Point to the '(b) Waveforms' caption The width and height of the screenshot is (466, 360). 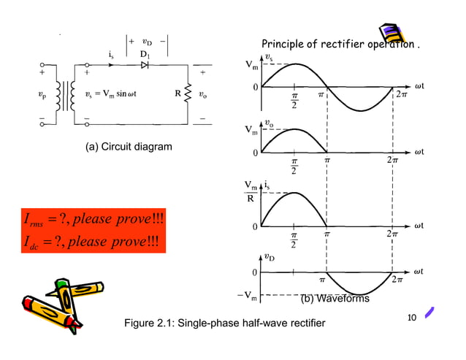[x=335, y=299]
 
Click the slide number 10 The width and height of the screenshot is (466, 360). [x=410, y=317]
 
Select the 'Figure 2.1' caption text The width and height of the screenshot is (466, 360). [x=225, y=323]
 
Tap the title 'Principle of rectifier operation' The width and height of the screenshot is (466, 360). [x=340, y=45]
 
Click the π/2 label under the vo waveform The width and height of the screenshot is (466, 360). [x=295, y=166]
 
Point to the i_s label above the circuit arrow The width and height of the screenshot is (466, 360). [x=110, y=54]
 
